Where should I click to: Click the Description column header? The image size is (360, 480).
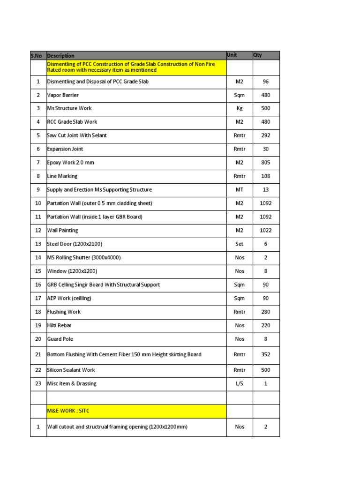[x=61, y=56]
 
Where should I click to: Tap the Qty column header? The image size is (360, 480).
[x=258, y=55]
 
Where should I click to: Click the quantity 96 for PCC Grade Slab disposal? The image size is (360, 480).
[x=266, y=82]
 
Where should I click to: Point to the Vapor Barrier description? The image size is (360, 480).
[x=63, y=95]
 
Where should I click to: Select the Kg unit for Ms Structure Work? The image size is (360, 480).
[x=240, y=109]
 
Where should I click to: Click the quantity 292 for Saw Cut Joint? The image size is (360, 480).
[x=266, y=135]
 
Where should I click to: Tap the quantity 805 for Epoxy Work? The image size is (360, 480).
[x=266, y=163]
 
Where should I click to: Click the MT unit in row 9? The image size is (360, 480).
[x=240, y=190]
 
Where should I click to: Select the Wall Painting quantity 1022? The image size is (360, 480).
[x=266, y=231]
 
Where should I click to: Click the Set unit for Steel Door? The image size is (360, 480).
[x=240, y=244]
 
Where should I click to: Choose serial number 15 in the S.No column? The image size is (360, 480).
[x=38, y=271]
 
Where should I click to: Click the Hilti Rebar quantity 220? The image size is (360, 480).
[x=266, y=325]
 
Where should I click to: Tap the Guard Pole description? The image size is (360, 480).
[x=60, y=339]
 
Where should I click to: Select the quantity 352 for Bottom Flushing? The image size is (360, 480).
[x=266, y=355]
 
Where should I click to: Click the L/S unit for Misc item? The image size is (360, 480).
[x=240, y=383]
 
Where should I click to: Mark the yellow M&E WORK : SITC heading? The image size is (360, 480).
[x=68, y=411]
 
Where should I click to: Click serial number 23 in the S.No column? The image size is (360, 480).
[x=38, y=383]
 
